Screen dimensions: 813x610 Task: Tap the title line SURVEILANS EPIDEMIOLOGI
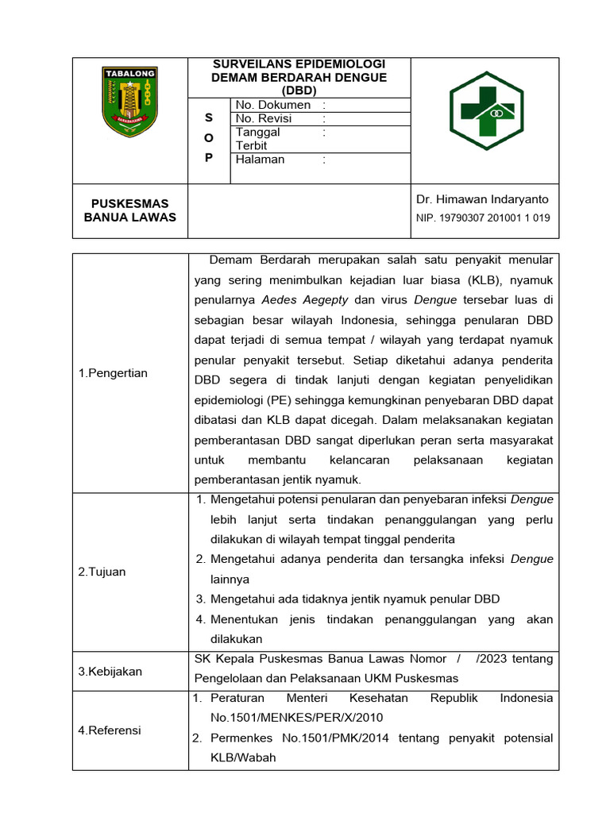tap(299, 64)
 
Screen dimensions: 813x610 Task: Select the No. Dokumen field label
tap(272, 105)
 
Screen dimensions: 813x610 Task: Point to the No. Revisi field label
tap(264, 118)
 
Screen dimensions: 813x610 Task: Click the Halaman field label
tap(260, 159)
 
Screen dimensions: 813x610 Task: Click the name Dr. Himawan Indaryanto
tap(482, 199)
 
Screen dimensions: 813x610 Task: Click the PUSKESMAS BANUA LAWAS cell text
tap(129, 210)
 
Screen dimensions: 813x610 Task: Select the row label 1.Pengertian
tap(113, 373)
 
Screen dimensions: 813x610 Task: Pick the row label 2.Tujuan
tap(102, 572)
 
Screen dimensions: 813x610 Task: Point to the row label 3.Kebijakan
tap(110, 672)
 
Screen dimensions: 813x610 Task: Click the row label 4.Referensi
tap(110, 730)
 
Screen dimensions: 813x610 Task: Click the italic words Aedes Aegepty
tap(305, 300)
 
